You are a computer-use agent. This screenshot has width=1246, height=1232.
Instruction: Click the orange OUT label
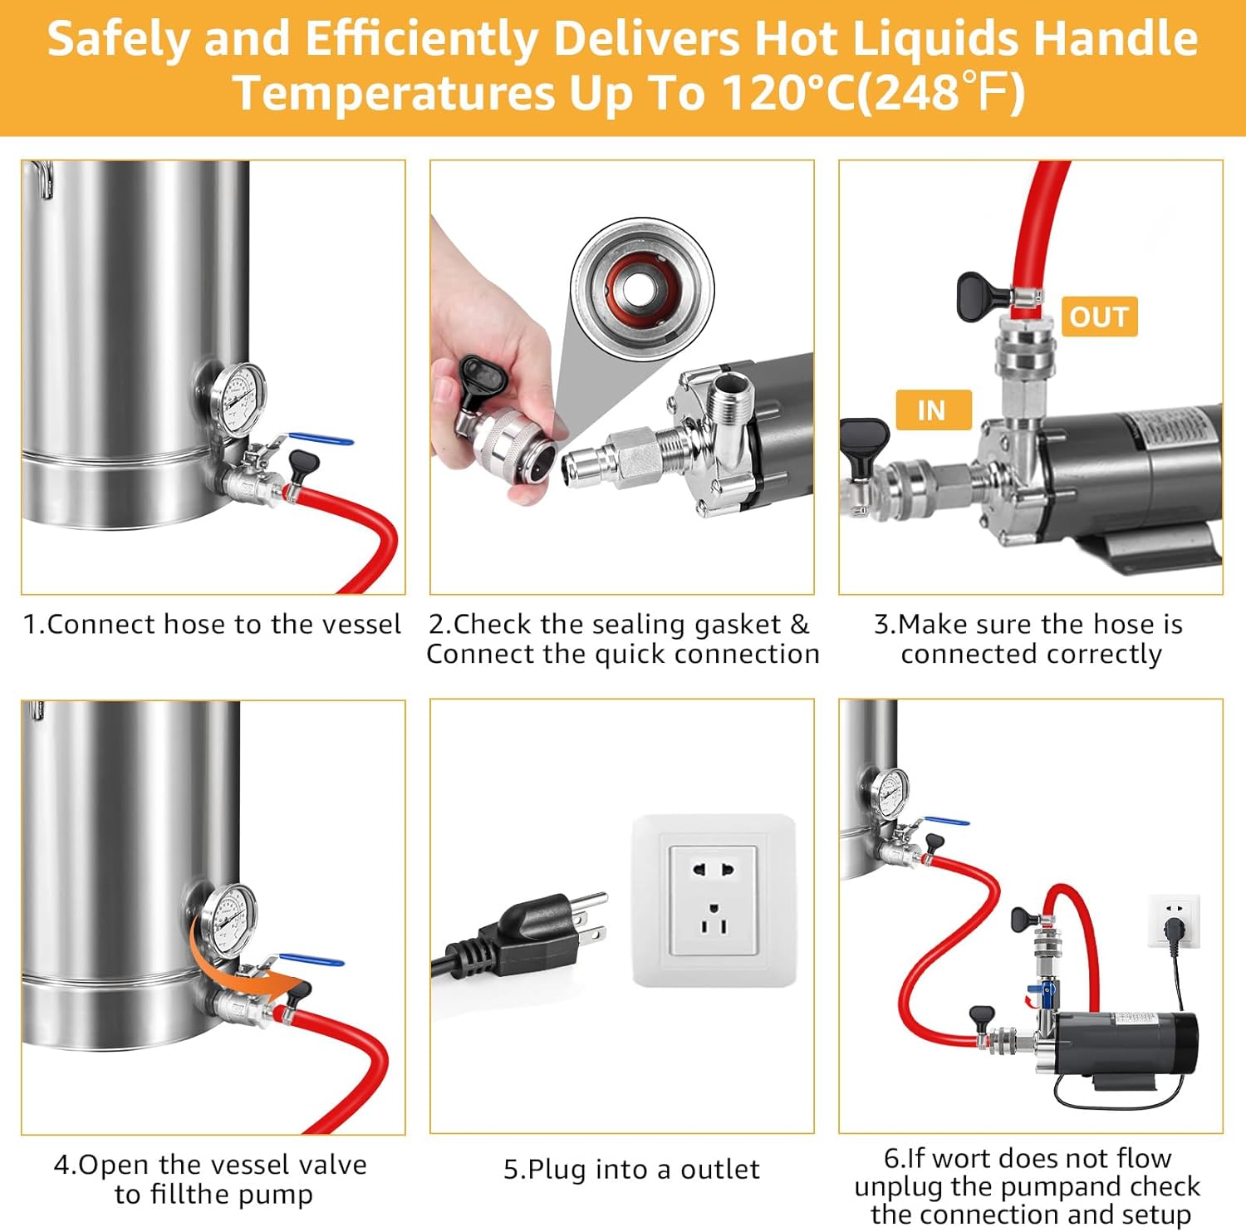tap(1099, 317)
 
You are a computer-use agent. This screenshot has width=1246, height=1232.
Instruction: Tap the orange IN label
tap(933, 410)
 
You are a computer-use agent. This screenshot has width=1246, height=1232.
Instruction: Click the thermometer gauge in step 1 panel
tap(238, 397)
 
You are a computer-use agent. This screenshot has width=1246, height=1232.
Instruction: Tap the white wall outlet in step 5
tap(714, 900)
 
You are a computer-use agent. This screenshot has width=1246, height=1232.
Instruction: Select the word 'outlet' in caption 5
tap(719, 1169)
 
